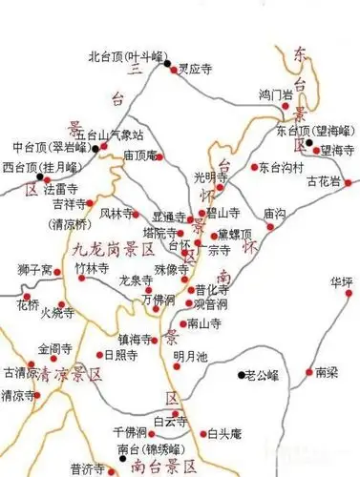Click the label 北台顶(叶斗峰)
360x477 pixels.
tap(127, 55)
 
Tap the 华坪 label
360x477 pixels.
tap(341, 282)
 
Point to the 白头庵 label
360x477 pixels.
tap(224, 435)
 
